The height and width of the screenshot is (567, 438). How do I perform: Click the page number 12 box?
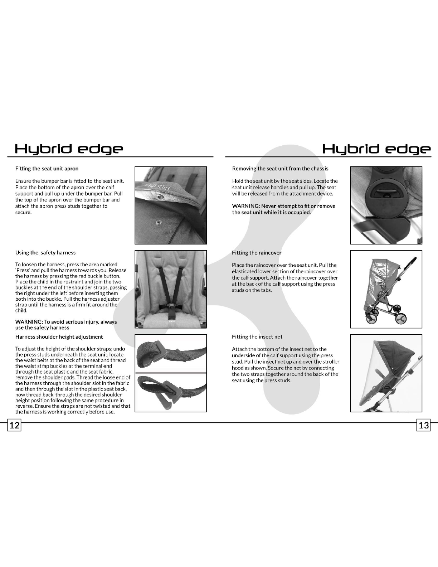(x=14, y=425)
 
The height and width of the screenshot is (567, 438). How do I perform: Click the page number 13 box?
(x=424, y=425)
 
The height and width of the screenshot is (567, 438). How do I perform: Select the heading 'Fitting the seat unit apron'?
(x=47, y=169)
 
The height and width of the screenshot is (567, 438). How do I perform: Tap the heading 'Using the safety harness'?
(x=45, y=253)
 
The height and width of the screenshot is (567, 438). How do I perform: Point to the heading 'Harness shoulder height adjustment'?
(x=59, y=337)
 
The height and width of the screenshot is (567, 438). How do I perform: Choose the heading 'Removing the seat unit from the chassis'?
(x=280, y=169)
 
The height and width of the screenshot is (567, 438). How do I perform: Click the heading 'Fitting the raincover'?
(x=257, y=253)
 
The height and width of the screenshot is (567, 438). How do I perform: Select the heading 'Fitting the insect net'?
(x=257, y=337)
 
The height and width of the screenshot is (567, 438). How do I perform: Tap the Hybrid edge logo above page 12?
(x=69, y=149)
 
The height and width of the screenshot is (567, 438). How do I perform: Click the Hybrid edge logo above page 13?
(x=376, y=149)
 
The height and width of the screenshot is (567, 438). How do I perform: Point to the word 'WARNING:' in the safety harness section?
(x=29, y=322)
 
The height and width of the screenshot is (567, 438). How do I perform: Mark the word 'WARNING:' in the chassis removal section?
(x=246, y=206)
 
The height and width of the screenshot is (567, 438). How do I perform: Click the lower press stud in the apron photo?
(x=158, y=223)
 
